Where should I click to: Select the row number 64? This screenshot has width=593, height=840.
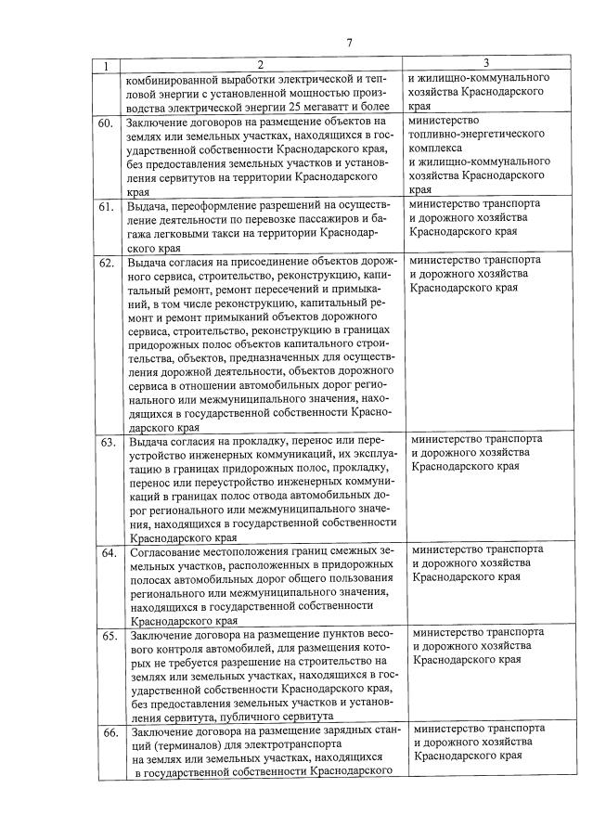(108, 553)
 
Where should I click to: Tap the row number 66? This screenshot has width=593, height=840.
(108, 731)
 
